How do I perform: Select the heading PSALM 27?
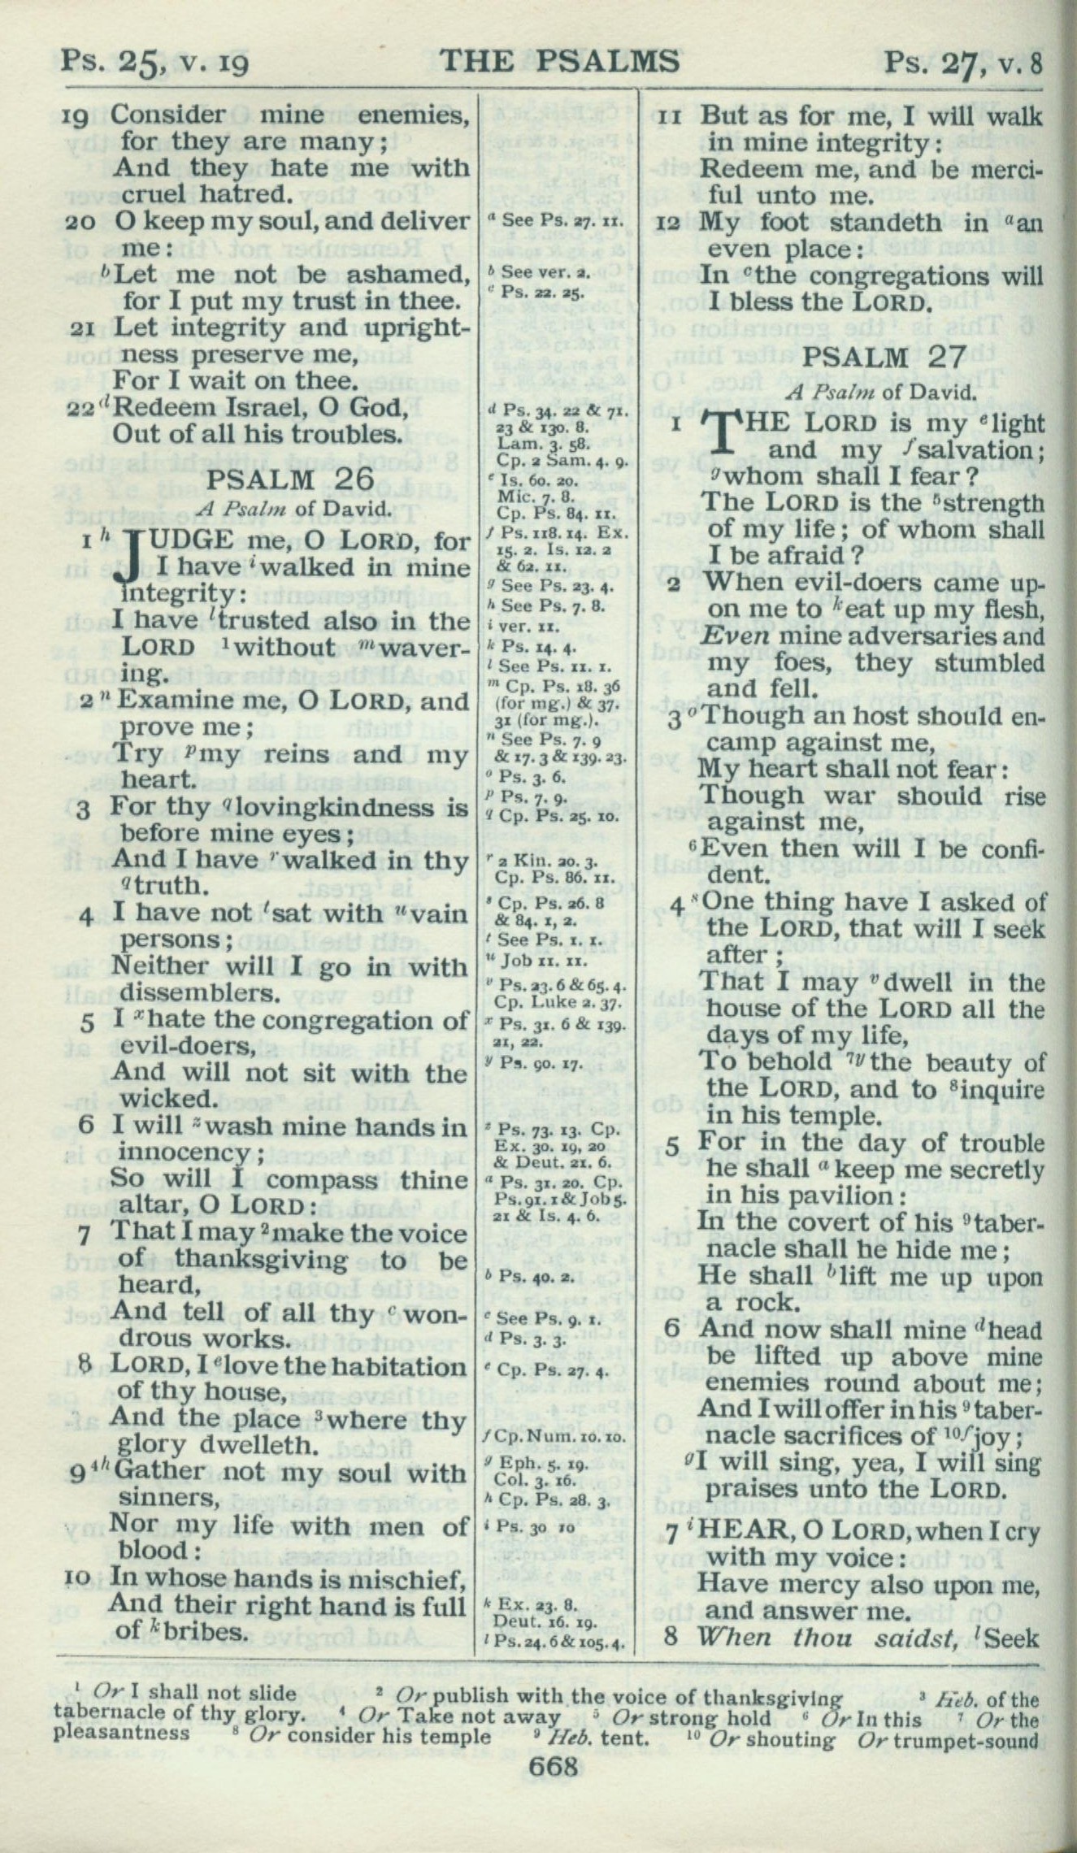point(884,357)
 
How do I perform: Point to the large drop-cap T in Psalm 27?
point(725,437)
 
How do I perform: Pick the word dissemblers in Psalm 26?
point(196,992)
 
